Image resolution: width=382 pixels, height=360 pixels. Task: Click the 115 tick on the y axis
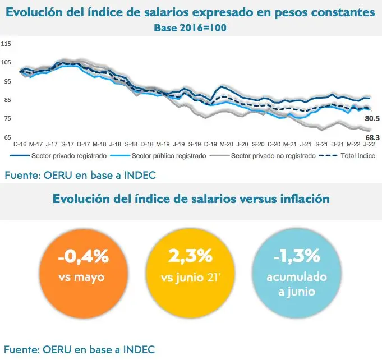[6, 44]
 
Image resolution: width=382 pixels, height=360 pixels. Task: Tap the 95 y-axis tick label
[6, 81]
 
